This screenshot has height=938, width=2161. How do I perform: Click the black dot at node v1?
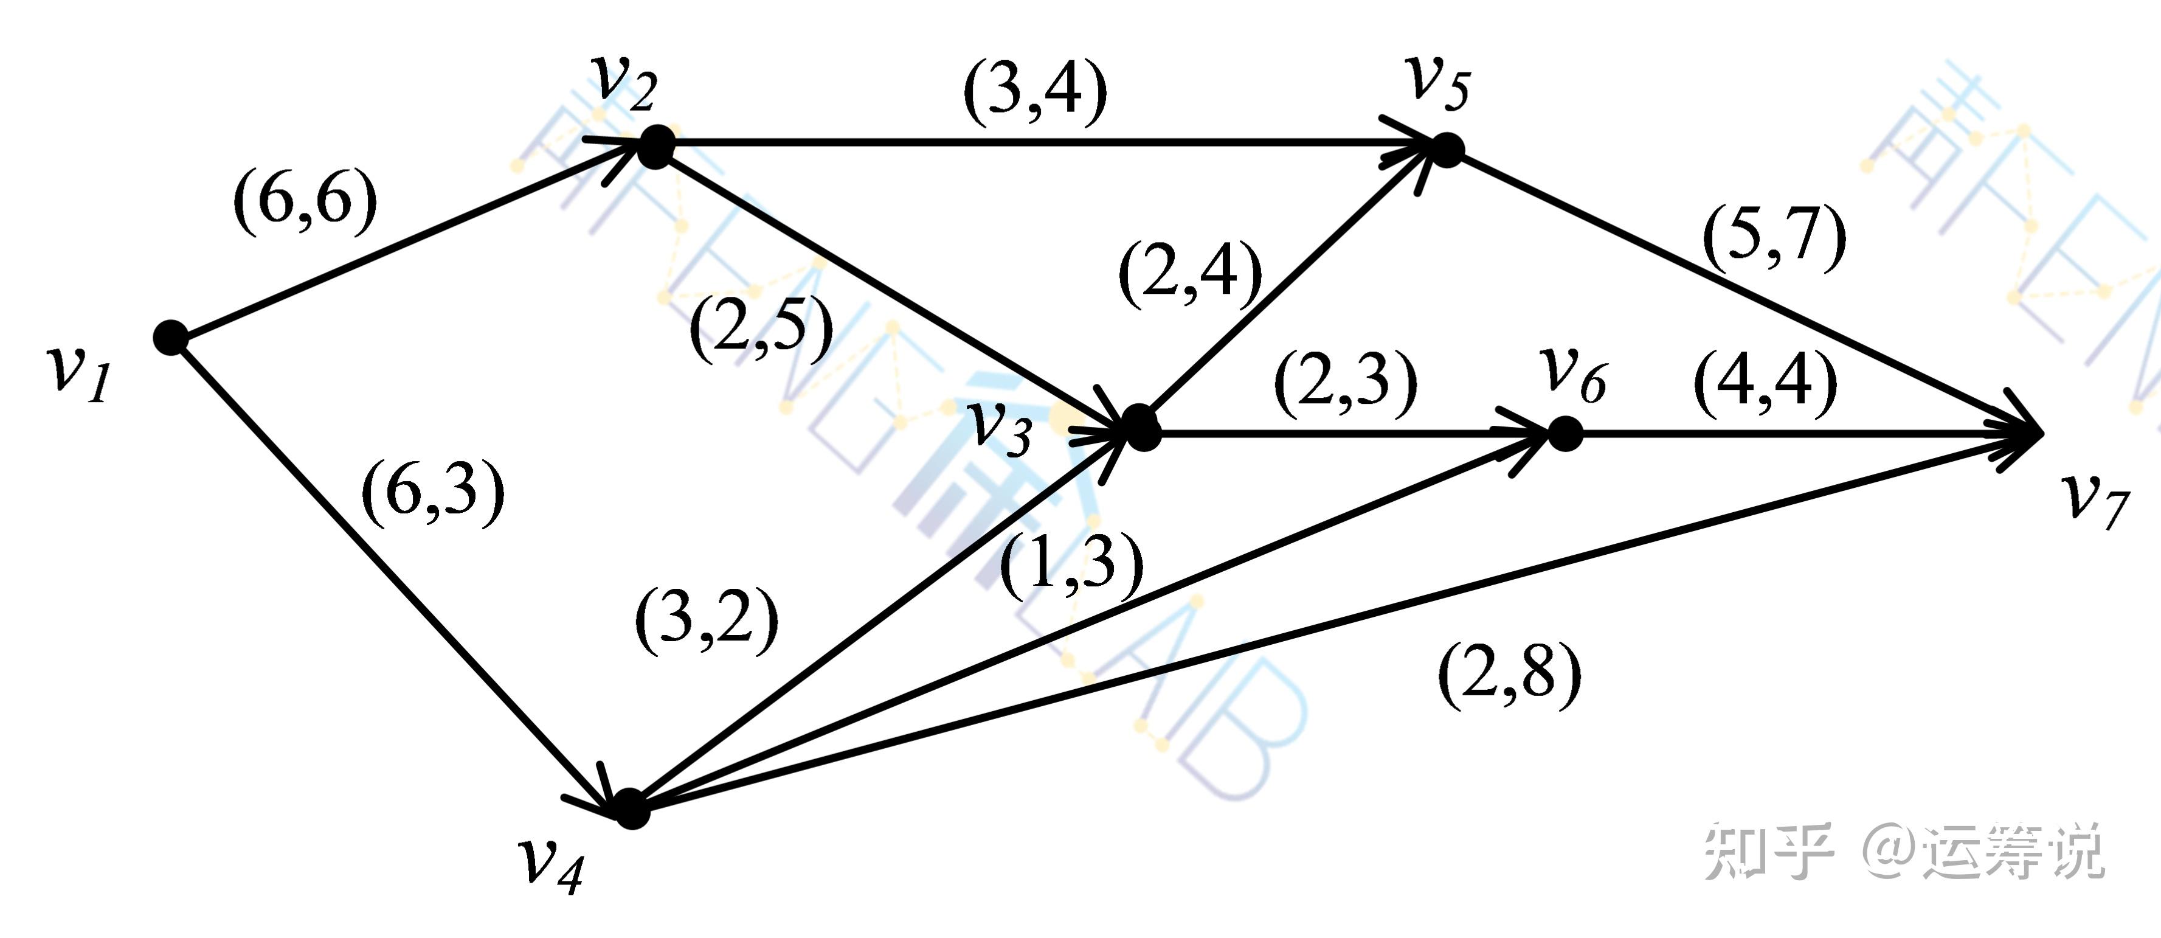click(171, 337)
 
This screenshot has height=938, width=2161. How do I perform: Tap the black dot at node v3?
click(1143, 432)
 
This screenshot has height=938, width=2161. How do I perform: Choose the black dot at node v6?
click(1565, 434)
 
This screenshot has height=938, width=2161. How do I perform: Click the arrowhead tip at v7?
click(2040, 434)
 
